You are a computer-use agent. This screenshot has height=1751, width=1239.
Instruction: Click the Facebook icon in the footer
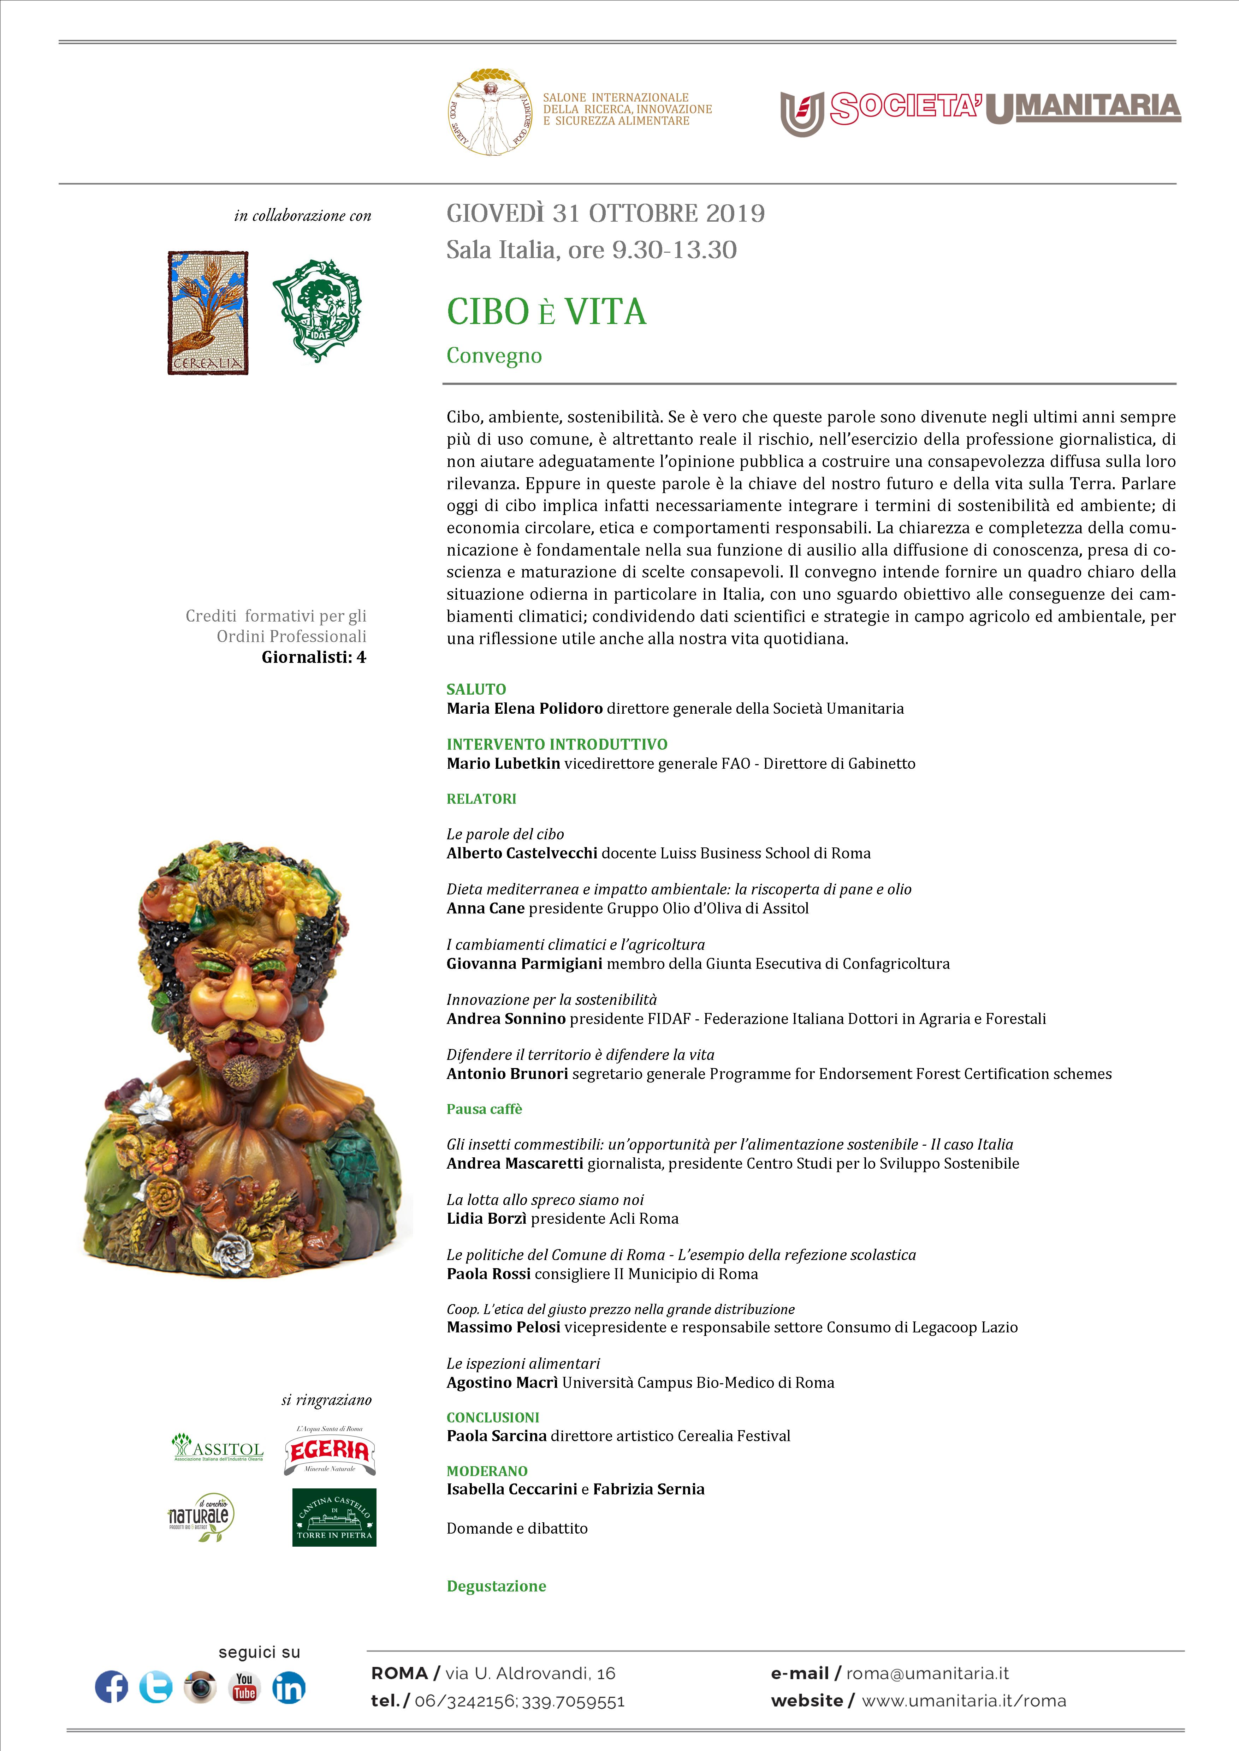111,1687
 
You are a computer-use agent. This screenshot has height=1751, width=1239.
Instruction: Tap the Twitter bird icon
156,1687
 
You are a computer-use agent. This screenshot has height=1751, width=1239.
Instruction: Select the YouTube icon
244,1687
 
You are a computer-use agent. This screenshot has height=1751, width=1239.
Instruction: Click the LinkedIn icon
289,1687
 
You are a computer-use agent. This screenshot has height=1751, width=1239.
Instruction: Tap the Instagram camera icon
200,1687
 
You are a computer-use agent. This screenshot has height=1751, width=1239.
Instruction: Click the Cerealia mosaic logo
208,313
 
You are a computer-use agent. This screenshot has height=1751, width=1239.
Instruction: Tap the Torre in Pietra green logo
334,1518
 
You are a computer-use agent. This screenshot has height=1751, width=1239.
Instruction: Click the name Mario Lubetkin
504,763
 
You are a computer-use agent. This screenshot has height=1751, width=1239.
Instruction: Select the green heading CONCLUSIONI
493,1417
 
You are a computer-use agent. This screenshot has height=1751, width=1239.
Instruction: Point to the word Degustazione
497,1585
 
